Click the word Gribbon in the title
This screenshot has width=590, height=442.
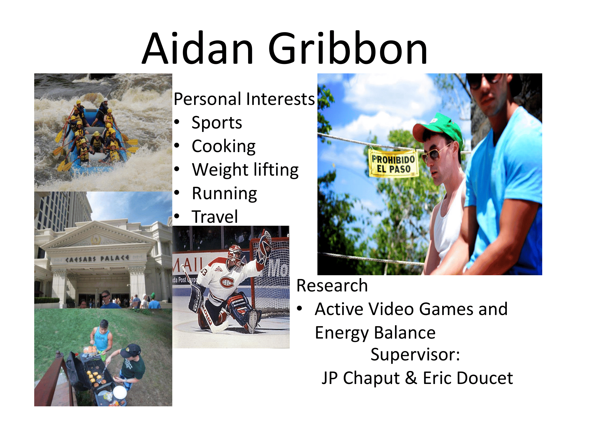tap(348, 48)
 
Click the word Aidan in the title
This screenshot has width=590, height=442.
tap(198, 48)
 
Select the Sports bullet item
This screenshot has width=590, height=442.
tap(217, 123)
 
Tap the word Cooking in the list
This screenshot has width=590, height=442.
tap(224, 146)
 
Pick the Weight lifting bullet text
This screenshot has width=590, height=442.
tap(245, 170)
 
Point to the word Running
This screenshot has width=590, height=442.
tap(224, 194)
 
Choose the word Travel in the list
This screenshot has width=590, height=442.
tap(215, 217)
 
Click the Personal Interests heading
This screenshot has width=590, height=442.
tap(244, 99)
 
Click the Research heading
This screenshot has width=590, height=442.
tap(332, 286)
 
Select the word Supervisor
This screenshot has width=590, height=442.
tap(415, 354)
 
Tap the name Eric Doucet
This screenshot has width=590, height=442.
tap(468, 378)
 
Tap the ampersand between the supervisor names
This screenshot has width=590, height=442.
tap(411, 378)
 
